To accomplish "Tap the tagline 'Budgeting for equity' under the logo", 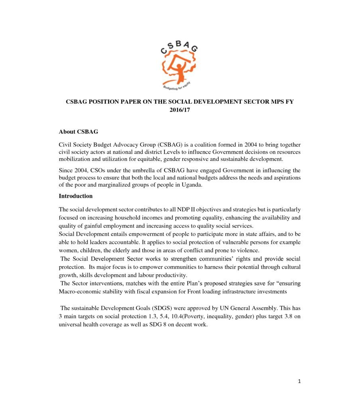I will click(x=176, y=86).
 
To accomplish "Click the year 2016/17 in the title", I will click(x=180, y=110).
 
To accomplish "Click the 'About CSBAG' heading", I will click(x=78, y=131).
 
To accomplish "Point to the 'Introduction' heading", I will click(x=76, y=196).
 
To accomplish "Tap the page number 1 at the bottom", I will click(x=299, y=381).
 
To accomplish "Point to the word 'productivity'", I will click(x=168, y=275).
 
